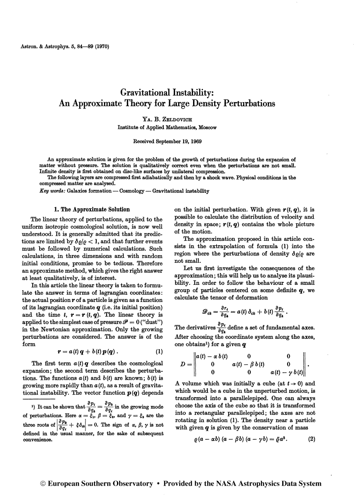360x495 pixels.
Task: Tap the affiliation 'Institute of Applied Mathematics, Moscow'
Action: (x=167, y=127)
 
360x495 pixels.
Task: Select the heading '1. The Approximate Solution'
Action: (x=92, y=209)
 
